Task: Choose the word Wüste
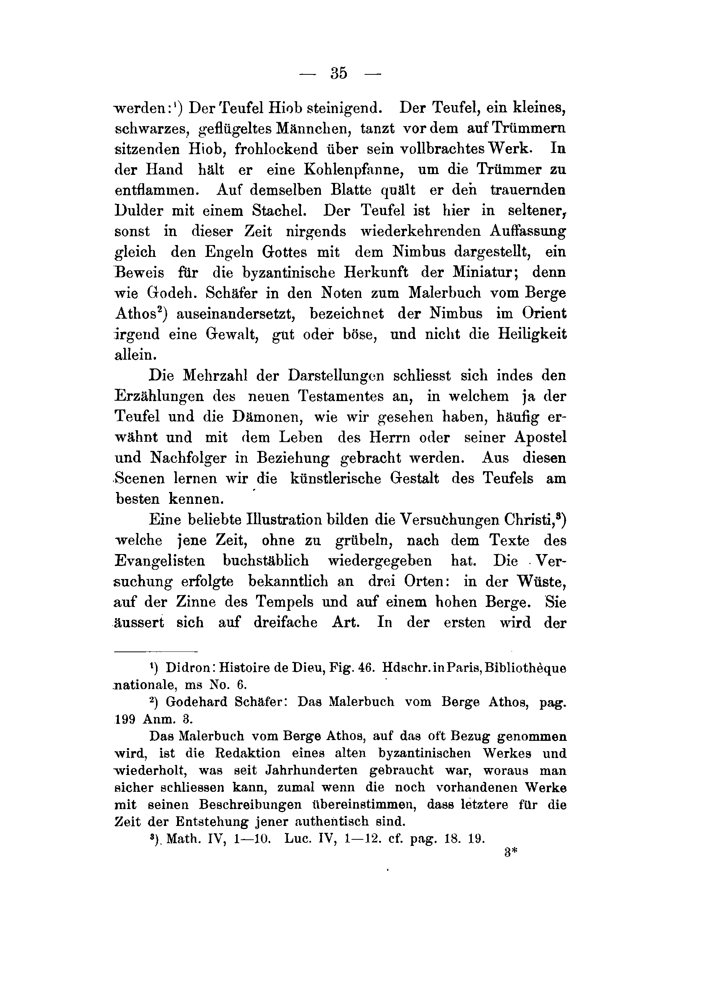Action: [x=542, y=582]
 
